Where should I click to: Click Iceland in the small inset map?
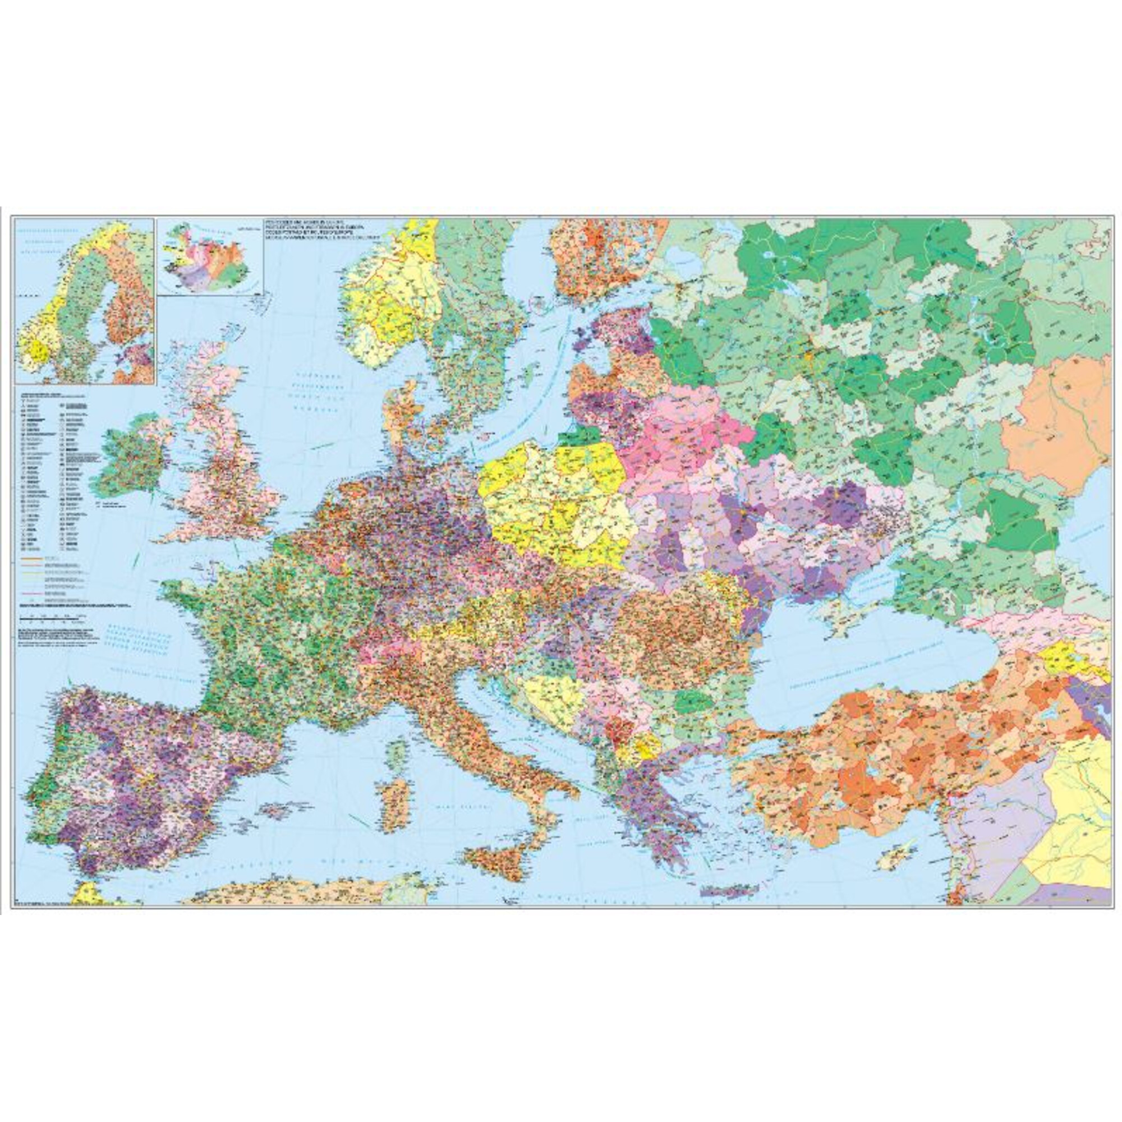209,255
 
